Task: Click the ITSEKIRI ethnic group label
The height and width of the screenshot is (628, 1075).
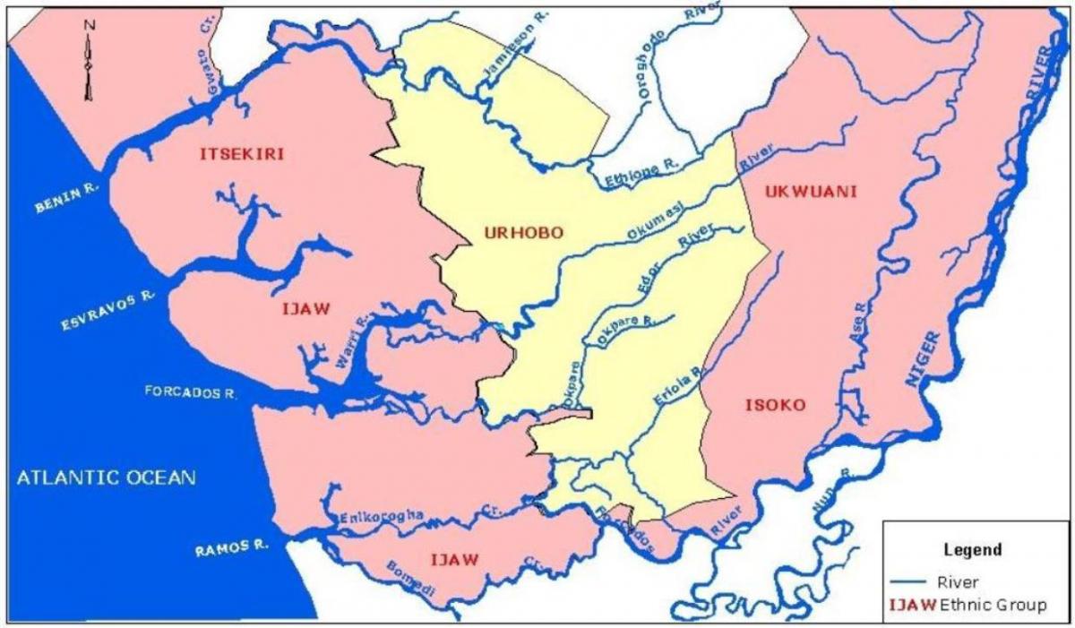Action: (242, 154)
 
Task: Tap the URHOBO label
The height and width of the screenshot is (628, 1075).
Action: (523, 233)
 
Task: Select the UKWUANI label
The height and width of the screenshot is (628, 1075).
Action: (812, 192)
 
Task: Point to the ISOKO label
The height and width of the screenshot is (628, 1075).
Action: (776, 405)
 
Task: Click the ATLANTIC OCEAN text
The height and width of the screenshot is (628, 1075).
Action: (106, 477)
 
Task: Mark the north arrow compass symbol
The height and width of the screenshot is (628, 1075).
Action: (88, 63)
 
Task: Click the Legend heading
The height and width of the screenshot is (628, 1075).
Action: (973, 549)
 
